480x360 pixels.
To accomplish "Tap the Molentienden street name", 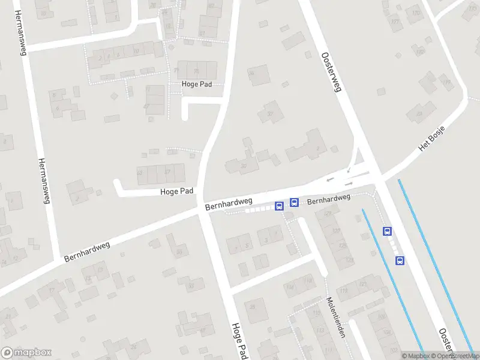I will tap(335, 317).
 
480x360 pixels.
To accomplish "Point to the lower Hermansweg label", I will tap(43, 181).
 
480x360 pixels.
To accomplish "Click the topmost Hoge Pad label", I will tap(197, 85).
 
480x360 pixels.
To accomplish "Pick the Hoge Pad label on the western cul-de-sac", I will tap(177, 191).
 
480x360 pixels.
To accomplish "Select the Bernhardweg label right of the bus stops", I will tap(329, 198).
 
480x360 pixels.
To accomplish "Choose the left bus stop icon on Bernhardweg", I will tap(279, 206).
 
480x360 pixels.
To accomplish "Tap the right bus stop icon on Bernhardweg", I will tap(294, 202).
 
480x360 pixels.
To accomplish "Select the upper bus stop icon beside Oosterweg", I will tap(388, 231).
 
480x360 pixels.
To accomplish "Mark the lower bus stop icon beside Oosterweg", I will tap(400, 260).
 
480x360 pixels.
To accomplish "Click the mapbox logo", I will tap(26, 353).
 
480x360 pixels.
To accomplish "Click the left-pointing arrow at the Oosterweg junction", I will tap(329, 179).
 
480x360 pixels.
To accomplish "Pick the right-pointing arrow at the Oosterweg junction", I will tap(349, 183).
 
